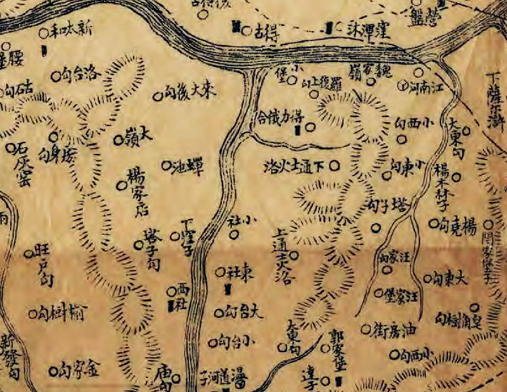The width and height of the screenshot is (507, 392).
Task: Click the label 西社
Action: pyautogui.click(x=183, y=296)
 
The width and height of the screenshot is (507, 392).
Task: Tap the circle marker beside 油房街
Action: pyautogui.click(x=365, y=329)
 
